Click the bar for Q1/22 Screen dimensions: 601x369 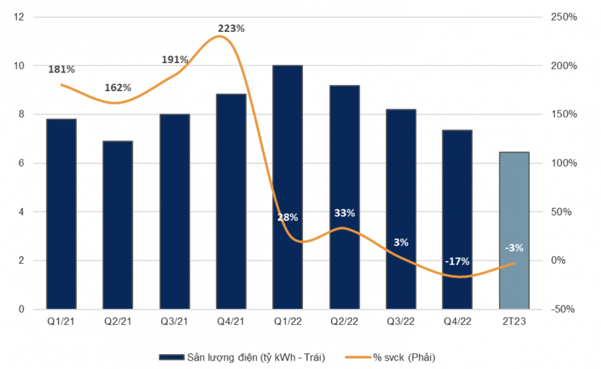(287, 187)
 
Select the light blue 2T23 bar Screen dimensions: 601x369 (514, 230)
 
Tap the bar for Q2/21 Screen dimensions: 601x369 (118, 225)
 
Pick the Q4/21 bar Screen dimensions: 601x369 (231, 202)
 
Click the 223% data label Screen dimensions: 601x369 (231, 28)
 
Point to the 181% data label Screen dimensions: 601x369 (61, 69)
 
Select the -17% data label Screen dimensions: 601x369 (457, 262)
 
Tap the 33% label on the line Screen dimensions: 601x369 (344, 213)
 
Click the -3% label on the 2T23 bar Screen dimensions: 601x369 (514, 248)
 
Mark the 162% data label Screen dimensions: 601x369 (118, 88)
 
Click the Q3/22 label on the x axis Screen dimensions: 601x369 (400, 321)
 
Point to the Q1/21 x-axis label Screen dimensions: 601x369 (61, 321)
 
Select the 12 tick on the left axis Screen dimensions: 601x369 (19, 17)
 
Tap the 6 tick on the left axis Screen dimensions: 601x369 (21, 163)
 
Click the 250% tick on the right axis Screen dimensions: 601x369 (564, 17)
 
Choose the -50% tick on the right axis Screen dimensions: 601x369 (563, 309)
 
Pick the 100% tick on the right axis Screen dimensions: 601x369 (564, 163)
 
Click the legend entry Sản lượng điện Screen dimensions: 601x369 (242, 358)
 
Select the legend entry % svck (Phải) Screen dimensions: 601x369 (390, 358)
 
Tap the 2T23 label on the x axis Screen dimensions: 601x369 (514, 321)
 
